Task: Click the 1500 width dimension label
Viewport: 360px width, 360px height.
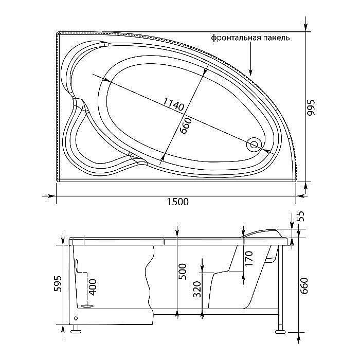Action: pyautogui.click(x=177, y=202)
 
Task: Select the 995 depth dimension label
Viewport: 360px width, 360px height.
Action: pyautogui.click(x=310, y=107)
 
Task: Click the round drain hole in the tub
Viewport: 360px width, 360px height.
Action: pyautogui.click(x=253, y=145)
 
